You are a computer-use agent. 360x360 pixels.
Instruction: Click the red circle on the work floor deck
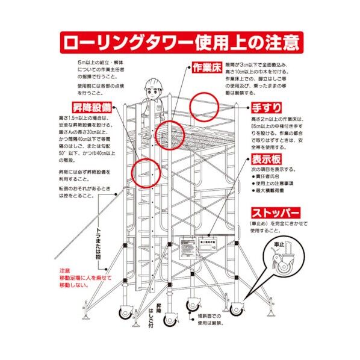click(169, 134)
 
